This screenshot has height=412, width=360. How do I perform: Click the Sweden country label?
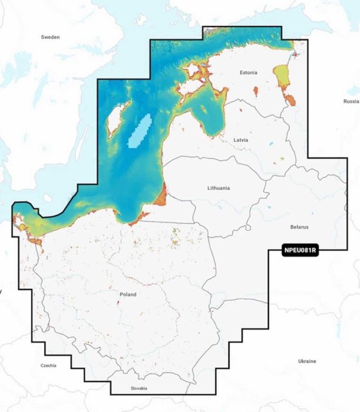pos(50,37)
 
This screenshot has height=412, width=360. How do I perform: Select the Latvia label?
pos(241,140)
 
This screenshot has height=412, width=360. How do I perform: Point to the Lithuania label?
pos(219,188)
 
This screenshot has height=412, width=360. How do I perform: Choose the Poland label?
pos(127,294)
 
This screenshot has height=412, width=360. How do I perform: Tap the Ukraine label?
pos(306,360)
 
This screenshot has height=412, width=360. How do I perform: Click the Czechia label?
pos(48,365)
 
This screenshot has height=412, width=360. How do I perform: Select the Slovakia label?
pos(139,388)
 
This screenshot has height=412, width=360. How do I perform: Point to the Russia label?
pos(351,101)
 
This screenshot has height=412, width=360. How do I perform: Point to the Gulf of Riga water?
pos(209,112)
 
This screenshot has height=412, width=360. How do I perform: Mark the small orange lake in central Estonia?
pos(256,91)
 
